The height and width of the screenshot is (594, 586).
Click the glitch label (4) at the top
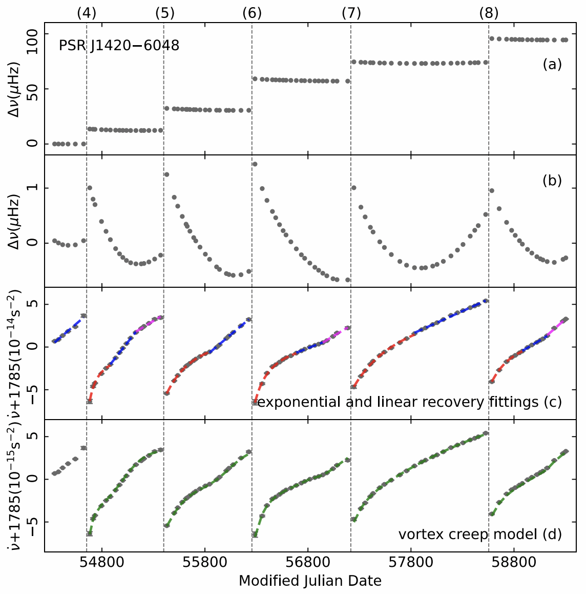[x=87, y=13]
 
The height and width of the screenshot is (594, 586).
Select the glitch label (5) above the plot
[x=164, y=13]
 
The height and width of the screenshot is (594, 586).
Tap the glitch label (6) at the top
[x=252, y=13]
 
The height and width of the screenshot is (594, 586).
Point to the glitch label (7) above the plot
[x=351, y=13]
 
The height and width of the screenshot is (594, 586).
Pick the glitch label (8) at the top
[x=489, y=13]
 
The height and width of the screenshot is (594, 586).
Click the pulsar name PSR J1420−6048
[x=119, y=46]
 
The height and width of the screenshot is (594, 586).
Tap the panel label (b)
[x=552, y=181]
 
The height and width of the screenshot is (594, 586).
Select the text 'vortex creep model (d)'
[x=480, y=534]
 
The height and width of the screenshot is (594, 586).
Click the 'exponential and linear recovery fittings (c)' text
[x=409, y=402]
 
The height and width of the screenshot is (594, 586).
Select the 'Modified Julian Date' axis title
[x=310, y=581]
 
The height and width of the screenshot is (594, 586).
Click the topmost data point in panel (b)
[x=255, y=164]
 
